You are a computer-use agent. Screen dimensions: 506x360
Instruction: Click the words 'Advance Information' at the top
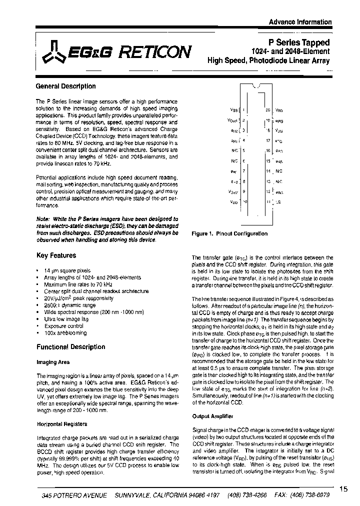click(300, 22)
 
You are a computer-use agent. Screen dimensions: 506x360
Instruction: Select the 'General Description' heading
click(66, 86)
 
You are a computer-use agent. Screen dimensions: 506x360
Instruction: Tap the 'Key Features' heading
click(56, 255)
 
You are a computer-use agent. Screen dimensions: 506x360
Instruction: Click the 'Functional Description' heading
click(71, 347)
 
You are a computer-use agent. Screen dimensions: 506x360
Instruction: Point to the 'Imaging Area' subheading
click(53, 362)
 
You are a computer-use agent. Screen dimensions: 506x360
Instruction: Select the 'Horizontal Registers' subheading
click(62, 424)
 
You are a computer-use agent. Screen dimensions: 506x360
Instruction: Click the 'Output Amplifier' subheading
click(212, 416)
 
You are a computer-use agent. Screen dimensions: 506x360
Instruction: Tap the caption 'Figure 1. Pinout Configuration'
click(229, 233)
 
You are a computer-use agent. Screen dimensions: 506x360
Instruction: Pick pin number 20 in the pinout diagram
click(268, 109)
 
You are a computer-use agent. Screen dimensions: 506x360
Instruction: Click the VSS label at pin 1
click(233, 109)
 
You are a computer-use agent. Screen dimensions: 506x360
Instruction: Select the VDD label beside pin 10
click(233, 201)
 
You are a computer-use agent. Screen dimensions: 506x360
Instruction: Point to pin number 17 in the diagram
click(268, 140)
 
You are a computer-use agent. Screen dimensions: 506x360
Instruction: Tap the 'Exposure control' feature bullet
click(64, 326)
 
